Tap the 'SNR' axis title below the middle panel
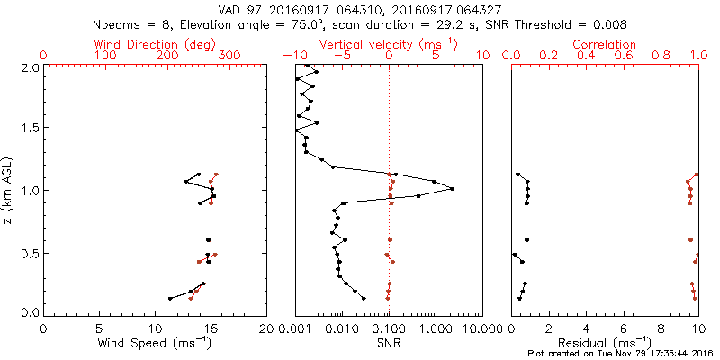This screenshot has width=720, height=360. point(389,343)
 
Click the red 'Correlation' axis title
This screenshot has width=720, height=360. point(605,44)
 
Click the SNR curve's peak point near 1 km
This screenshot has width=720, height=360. point(452,188)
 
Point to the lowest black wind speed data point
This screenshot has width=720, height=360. point(170,298)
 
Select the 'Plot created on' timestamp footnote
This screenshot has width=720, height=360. point(620,353)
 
